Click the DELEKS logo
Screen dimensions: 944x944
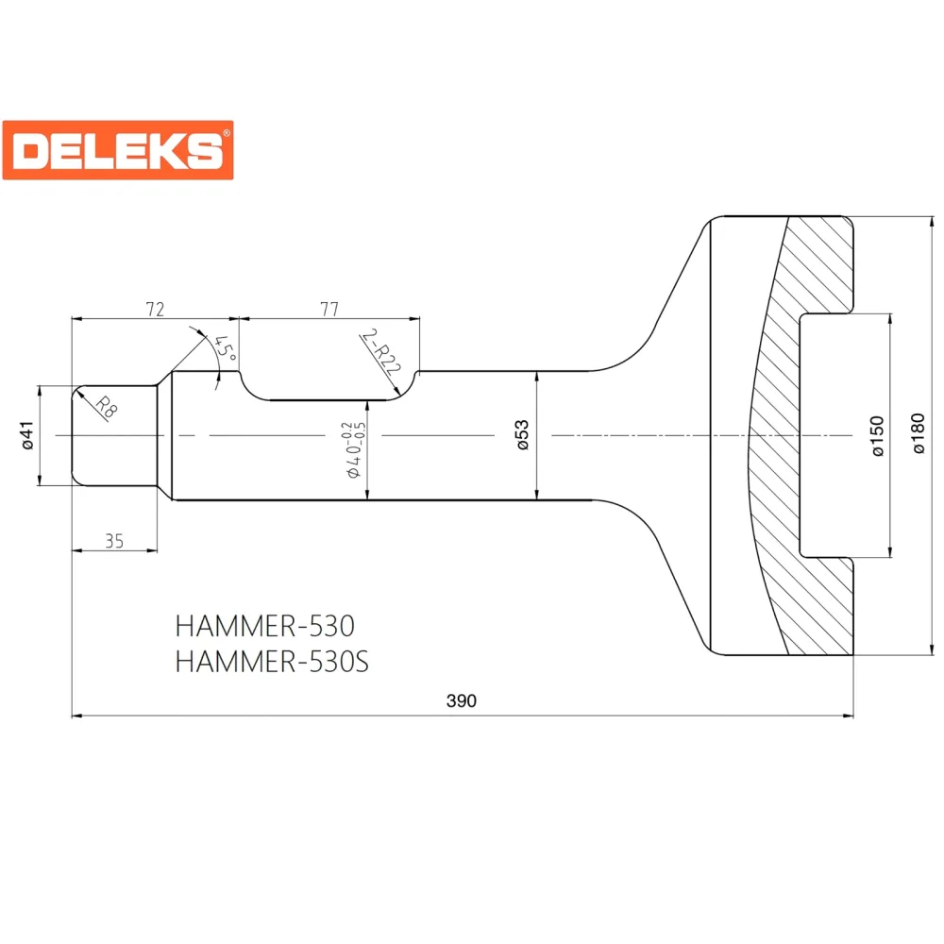(x=118, y=150)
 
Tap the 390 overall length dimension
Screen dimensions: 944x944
(x=462, y=700)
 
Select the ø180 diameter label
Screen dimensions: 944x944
(x=918, y=433)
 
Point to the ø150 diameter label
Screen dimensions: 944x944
(x=878, y=436)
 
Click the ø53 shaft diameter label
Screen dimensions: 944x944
(x=522, y=434)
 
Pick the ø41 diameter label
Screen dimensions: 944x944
(x=26, y=435)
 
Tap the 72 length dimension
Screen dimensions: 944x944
(x=155, y=309)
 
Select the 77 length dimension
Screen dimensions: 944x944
(x=329, y=309)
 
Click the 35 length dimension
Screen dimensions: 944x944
(x=114, y=541)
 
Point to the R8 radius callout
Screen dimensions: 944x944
(x=106, y=408)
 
